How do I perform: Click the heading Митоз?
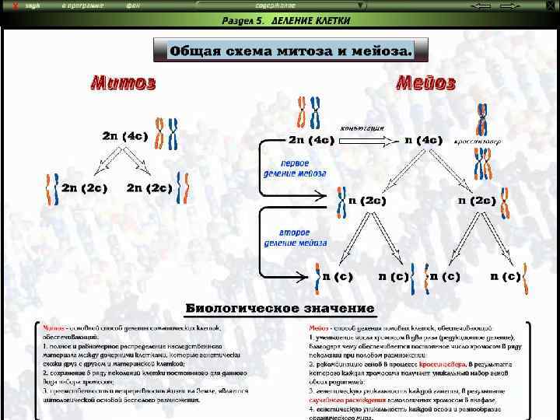(x=124, y=82)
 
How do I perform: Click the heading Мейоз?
(x=425, y=82)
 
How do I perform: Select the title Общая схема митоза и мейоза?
(x=291, y=51)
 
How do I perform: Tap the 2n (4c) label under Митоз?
(x=124, y=136)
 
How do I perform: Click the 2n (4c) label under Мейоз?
(x=311, y=141)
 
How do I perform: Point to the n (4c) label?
(x=423, y=141)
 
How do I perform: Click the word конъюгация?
(x=362, y=128)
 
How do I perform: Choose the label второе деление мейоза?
(x=296, y=238)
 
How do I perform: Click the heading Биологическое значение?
(x=279, y=310)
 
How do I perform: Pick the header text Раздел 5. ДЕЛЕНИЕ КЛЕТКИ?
(x=286, y=21)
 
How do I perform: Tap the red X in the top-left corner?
(x=6, y=5)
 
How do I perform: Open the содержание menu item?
(x=275, y=5)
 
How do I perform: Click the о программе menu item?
(x=83, y=5)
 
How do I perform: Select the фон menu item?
(x=133, y=5)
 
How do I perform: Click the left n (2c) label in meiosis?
(x=367, y=201)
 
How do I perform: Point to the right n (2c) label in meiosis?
(x=476, y=201)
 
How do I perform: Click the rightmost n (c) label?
(x=506, y=276)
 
